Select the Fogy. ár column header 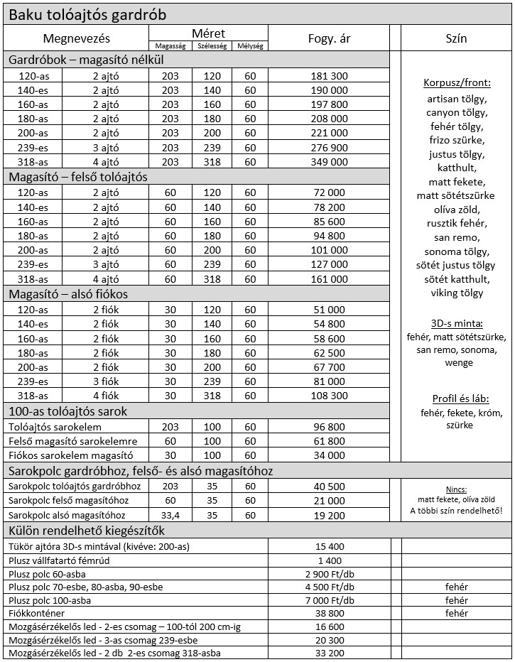click(329, 38)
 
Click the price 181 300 click(329, 75)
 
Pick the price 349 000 click(329, 161)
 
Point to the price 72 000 click(329, 192)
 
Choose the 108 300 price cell click(329, 396)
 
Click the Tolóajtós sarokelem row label click(55, 427)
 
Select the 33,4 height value click(170, 515)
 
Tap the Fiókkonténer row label click(37, 613)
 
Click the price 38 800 click(329, 613)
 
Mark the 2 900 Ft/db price click(329, 573)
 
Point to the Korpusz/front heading click(455, 82)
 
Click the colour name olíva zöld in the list click(455, 210)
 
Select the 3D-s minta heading click(455, 323)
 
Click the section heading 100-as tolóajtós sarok click(67, 411)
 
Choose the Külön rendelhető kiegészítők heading click(87, 530)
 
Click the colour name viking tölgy click(455, 293)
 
